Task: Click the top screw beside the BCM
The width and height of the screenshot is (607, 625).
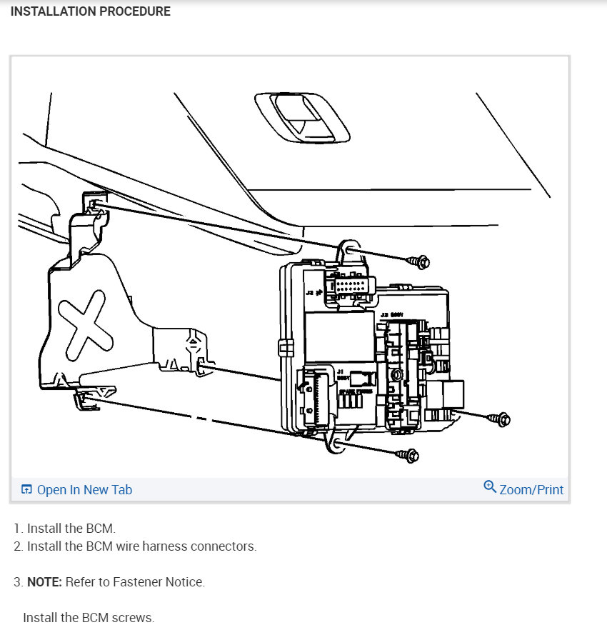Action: pos(418,262)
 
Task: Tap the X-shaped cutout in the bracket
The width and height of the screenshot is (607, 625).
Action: pos(84,328)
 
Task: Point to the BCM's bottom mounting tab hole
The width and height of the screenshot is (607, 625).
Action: pos(336,446)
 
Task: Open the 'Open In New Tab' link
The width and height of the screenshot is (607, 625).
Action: pos(84,490)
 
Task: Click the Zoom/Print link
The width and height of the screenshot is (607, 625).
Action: pos(531,490)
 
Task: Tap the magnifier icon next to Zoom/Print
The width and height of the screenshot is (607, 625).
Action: pos(490,487)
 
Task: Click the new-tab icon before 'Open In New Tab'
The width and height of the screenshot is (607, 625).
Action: pos(26,490)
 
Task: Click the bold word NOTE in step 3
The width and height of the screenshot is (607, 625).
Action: pos(44,582)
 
